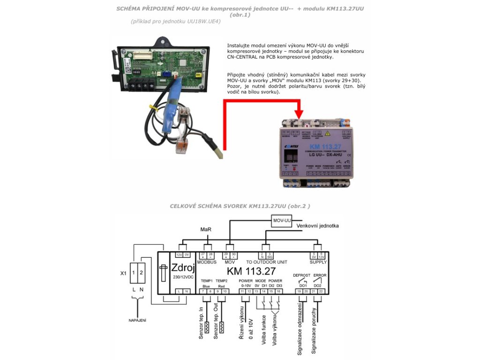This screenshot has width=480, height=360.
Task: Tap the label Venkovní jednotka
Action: (x=317, y=226)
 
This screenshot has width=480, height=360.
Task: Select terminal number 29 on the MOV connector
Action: (x=226, y=255)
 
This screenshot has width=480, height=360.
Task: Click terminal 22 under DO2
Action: (x=321, y=291)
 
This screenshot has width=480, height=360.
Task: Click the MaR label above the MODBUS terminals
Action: (x=206, y=230)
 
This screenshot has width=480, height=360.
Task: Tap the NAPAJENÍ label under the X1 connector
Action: (x=138, y=320)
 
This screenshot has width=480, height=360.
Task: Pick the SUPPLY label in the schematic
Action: (x=318, y=262)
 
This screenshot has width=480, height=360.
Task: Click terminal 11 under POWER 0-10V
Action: (x=242, y=291)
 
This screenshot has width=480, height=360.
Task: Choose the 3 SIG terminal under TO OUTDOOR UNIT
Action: (x=270, y=255)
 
